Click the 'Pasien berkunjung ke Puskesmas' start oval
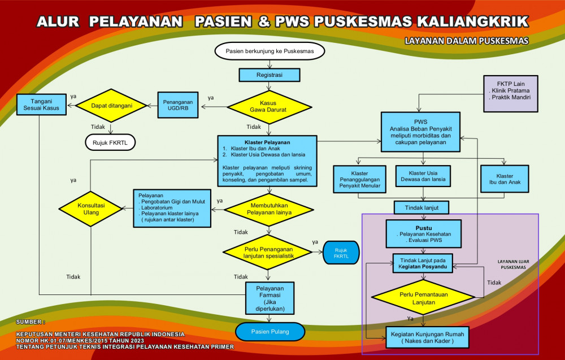[x=270, y=51]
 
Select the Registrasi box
[x=270, y=75]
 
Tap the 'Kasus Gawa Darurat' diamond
[x=269, y=106]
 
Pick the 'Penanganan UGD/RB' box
[x=176, y=104]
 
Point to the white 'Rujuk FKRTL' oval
[x=111, y=142]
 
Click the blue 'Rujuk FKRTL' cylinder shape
[x=341, y=253]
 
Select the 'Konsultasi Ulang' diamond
[x=91, y=209]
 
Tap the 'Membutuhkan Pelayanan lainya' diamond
[x=269, y=209]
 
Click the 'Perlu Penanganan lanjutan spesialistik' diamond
[x=269, y=250]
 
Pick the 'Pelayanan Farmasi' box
[x=270, y=297]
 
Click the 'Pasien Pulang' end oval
[x=270, y=331]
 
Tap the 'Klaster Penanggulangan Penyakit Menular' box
[x=359, y=179]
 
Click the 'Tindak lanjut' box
[x=421, y=207]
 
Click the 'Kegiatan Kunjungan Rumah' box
[x=427, y=337]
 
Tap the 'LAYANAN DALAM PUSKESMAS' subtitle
[x=466, y=41]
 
